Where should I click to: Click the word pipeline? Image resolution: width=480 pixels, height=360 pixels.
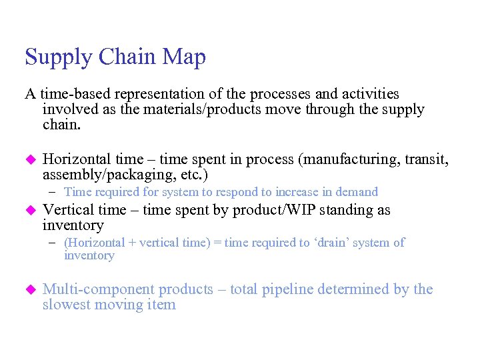(x=283, y=289)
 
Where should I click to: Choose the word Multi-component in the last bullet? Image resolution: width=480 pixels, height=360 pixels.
(x=99, y=289)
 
